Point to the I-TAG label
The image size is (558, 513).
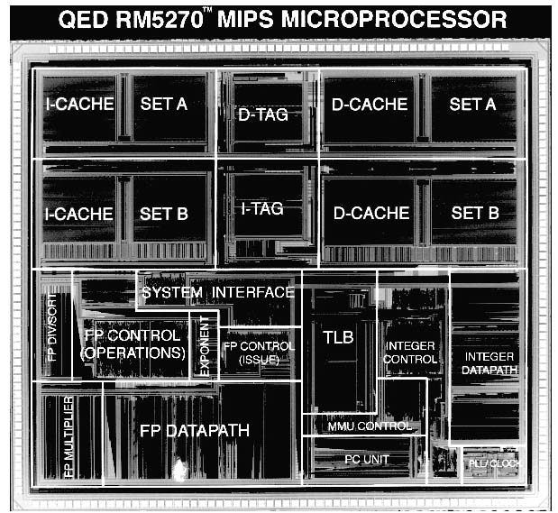pos(262,208)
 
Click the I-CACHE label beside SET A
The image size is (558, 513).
pos(80,104)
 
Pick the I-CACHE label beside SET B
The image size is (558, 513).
pos(80,214)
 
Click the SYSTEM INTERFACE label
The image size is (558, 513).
pos(218,292)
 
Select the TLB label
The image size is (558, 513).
pos(338,337)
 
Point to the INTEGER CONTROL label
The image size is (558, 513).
pos(410,353)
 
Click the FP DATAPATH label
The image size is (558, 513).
pos(195,430)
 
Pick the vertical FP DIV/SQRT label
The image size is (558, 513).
pos(51,325)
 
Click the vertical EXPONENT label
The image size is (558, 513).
pos(205,346)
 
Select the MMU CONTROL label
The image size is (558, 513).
pos(370,426)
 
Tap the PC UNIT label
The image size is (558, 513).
pos(367,459)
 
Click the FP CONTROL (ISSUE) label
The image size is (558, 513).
pos(259,353)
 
